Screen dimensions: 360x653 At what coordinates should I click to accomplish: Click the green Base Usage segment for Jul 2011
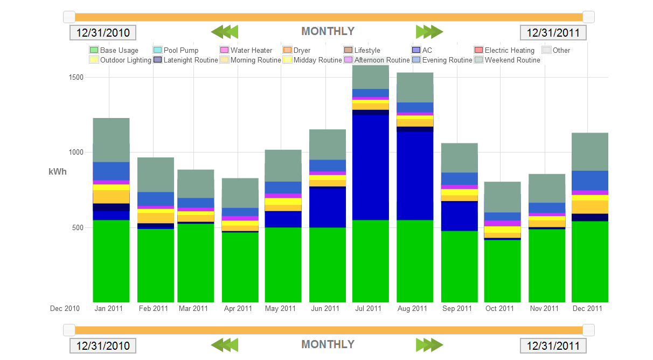click(x=370, y=261)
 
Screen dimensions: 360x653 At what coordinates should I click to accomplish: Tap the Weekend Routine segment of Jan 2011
click(x=111, y=140)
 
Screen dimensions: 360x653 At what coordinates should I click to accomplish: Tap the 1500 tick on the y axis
click(x=76, y=77)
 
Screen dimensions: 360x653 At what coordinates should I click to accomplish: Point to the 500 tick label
click(x=78, y=227)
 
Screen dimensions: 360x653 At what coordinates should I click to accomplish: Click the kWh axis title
click(x=58, y=171)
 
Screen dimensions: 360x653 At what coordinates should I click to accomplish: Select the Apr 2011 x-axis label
click(x=238, y=309)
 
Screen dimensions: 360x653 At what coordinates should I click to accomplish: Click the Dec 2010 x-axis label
click(x=65, y=309)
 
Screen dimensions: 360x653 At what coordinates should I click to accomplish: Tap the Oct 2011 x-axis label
click(x=499, y=309)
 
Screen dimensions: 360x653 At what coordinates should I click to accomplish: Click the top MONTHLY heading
click(x=328, y=31)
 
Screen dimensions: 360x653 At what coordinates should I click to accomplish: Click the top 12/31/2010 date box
click(x=103, y=32)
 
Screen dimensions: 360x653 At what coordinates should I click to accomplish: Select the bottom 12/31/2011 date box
click(x=553, y=345)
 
